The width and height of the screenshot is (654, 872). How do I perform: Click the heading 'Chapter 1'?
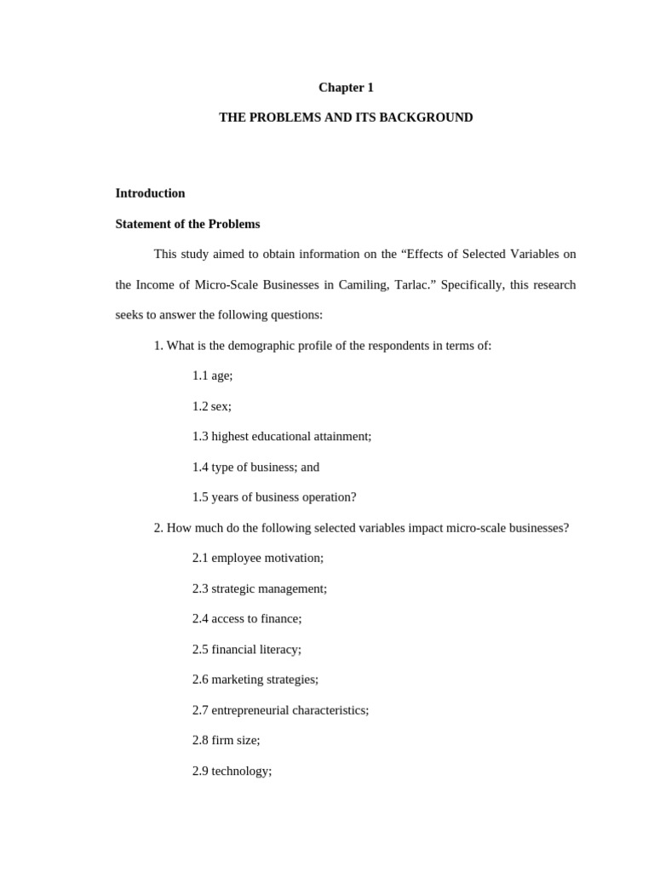coord(346,88)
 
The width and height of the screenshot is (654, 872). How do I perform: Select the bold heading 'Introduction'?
coord(150,193)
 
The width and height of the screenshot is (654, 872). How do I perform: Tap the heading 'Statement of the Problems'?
coord(187,224)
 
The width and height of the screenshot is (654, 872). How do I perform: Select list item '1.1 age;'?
coord(212,376)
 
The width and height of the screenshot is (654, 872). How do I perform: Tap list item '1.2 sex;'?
coord(211,406)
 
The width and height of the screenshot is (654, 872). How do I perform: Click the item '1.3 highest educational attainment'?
coord(282,436)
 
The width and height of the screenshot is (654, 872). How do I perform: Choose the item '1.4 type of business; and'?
coord(255,467)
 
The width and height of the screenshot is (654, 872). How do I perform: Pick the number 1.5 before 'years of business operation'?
coord(200,497)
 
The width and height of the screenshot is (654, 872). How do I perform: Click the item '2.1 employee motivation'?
coord(258,558)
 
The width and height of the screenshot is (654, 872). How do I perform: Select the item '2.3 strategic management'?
coord(259,588)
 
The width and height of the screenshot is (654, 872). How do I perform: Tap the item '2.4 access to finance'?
coord(247,619)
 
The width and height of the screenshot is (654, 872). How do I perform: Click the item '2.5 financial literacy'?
coord(247,649)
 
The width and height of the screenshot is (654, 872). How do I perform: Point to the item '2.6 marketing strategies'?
coord(255,680)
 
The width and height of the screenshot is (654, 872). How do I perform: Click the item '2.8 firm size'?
coord(226,741)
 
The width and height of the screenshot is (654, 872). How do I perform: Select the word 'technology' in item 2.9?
coord(241,772)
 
